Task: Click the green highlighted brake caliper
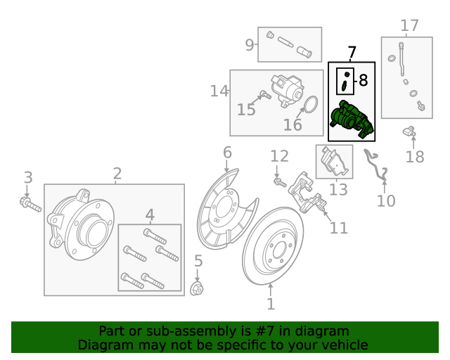click(x=352, y=117)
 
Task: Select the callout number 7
click(x=352, y=53)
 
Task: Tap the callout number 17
click(x=409, y=26)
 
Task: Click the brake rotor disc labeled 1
click(x=278, y=246)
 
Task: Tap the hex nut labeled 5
click(x=198, y=288)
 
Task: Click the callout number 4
click(x=149, y=214)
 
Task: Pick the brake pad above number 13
click(x=333, y=163)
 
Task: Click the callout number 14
click(x=219, y=91)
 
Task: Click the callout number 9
click(x=250, y=46)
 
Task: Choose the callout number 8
click(x=363, y=80)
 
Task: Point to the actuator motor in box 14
click(x=287, y=91)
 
